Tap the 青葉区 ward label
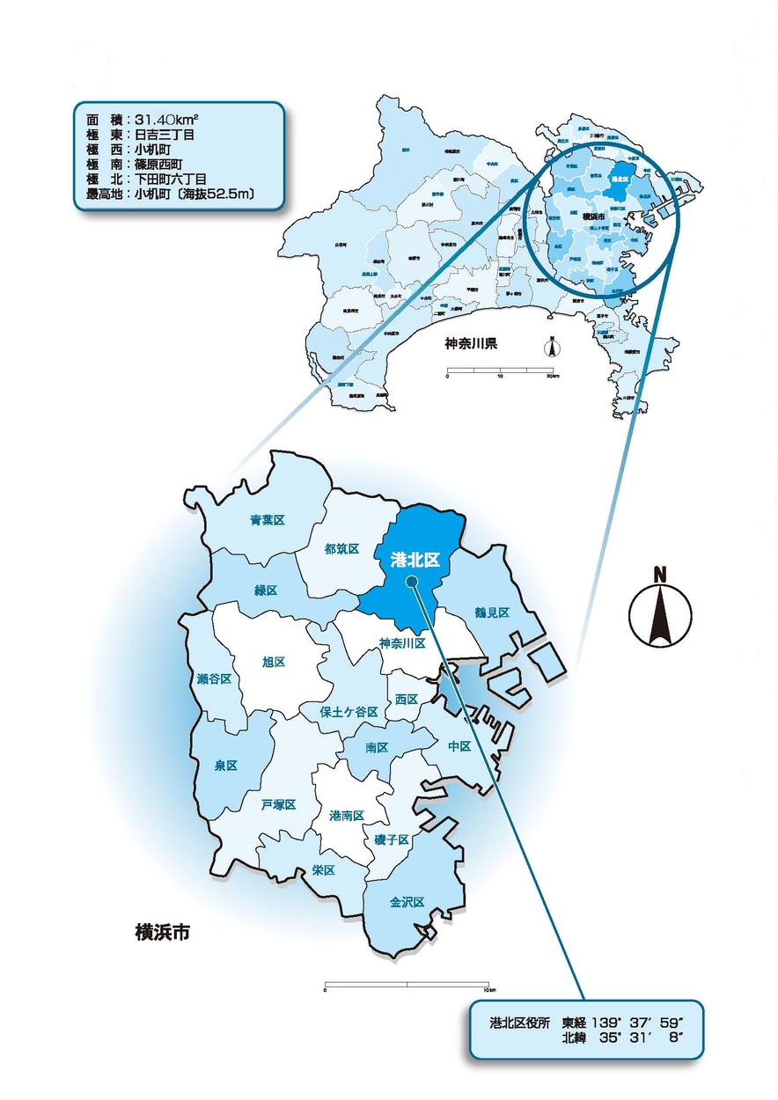267,520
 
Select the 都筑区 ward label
341,549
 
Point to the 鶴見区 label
492,612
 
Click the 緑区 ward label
264,590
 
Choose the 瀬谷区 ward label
214,679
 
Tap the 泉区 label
226,766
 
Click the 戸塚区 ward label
278,804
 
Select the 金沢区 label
407,903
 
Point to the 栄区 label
324,870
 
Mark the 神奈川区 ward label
403,643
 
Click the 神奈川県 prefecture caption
471,343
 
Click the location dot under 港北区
411,581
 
